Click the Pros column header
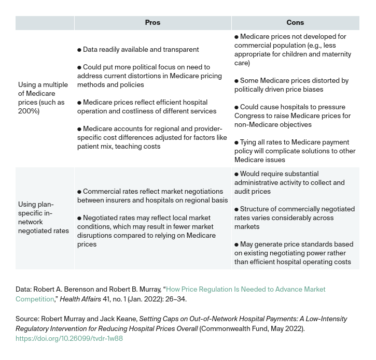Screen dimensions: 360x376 click(x=152, y=23)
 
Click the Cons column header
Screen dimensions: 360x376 click(x=295, y=23)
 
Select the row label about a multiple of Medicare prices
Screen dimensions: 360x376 click(x=43, y=98)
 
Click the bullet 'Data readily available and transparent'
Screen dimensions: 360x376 click(x=138, y=50)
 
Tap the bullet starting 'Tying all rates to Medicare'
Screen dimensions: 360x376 click(x=295, y=151)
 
